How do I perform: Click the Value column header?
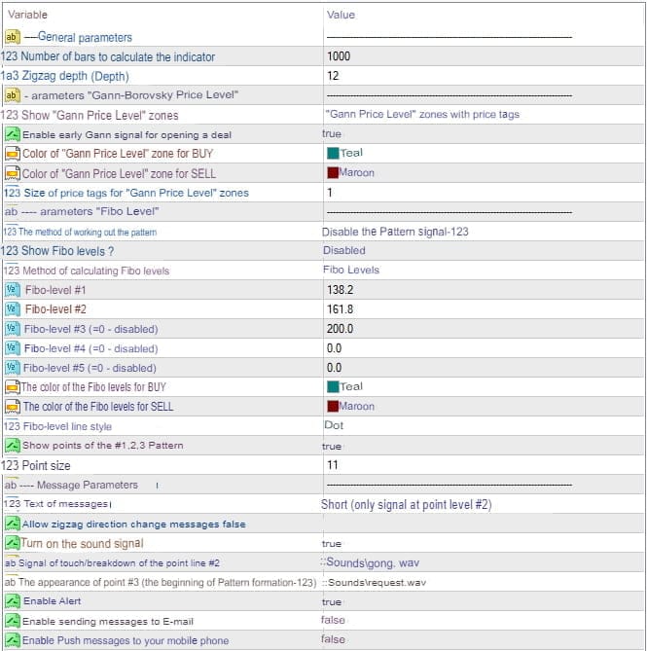tap(341, 15)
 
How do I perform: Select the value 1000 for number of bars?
tap(339, 56)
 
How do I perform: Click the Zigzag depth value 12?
tap(333, 76)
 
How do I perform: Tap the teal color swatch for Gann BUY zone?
tap(333, 154)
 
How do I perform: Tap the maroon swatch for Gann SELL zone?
tap(333, 173)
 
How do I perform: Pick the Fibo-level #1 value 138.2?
tap(340, 290)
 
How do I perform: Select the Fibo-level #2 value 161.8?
tap(340, 309)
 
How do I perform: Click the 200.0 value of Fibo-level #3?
tap(340, 329)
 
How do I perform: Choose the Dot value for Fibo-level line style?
tap(334, 425)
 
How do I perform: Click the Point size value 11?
tap(333, 465)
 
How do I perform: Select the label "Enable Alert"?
tap(53, 601)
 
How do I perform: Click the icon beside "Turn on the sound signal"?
tap(13, 543)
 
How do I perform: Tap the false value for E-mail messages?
tap(333, 620)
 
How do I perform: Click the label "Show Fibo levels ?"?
tap(58, 251)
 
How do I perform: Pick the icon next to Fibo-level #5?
tap(12, 368)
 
